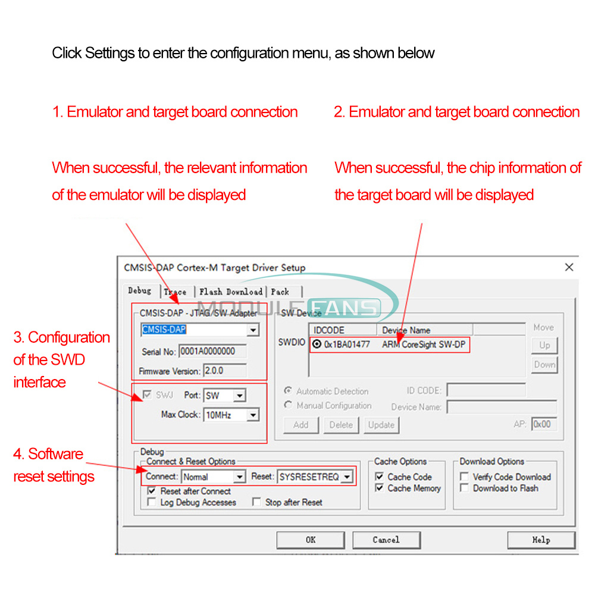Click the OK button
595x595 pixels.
coord(311,540)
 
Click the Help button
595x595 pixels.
coord(541,540)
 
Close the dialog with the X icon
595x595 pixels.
coord(569,267)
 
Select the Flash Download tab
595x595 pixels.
coord(231,292)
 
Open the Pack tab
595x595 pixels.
coord(280,292)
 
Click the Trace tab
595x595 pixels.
coord(175,292)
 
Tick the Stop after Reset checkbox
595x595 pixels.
coord(256,502)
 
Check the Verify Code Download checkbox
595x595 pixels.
coord(464,477)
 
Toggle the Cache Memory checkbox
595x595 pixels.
coord(380,488)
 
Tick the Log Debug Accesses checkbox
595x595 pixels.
coord(152,502)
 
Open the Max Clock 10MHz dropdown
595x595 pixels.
coord(253,415)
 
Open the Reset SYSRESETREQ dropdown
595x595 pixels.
coord(346,477)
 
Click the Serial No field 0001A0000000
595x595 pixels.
coord(212,351)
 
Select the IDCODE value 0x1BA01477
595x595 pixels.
coord(347,344)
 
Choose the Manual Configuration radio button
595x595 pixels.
coord(289,405)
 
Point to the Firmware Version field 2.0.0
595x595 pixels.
coord(224,371)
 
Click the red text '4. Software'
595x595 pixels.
coord(48,454)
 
